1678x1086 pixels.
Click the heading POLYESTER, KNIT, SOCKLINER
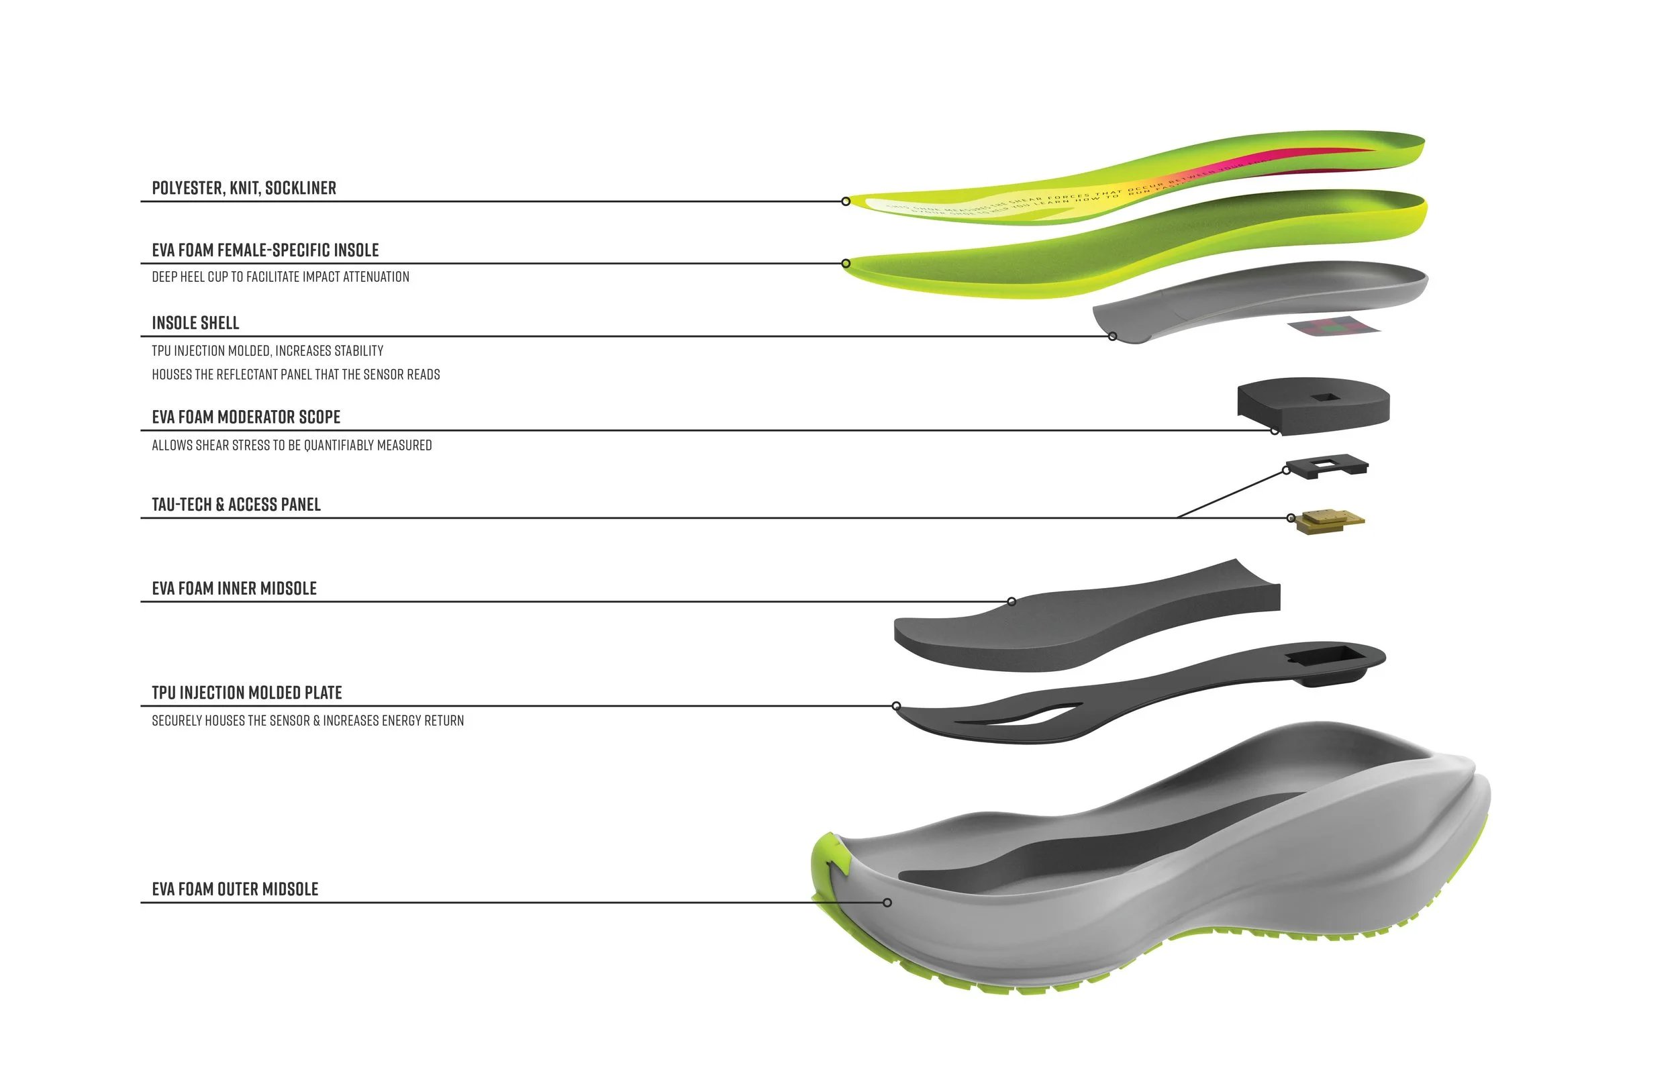(244, 189)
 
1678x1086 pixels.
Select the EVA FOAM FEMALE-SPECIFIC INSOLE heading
(265, 250)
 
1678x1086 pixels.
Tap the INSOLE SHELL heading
(195, 323)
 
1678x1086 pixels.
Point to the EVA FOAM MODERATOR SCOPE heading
(246, 417)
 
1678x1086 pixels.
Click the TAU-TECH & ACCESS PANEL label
(236, 505)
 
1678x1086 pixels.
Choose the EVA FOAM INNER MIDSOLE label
(234, 589)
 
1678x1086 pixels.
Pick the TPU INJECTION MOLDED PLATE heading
(247, 693)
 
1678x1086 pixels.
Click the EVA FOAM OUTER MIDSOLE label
(235, 889)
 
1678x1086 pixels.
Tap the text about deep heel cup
(281, 277)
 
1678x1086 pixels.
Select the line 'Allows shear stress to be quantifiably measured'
(292, 446)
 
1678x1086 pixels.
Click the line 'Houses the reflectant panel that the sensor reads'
(295, 375)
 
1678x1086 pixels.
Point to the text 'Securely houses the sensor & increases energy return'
(307, 721)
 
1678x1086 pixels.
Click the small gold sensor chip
(1330, 522)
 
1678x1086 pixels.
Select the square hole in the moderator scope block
(1325, 398)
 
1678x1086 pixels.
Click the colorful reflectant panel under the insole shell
(1333, 326)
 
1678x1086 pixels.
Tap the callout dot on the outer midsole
(887, 903)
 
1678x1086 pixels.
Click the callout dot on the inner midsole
(1011, 601)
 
